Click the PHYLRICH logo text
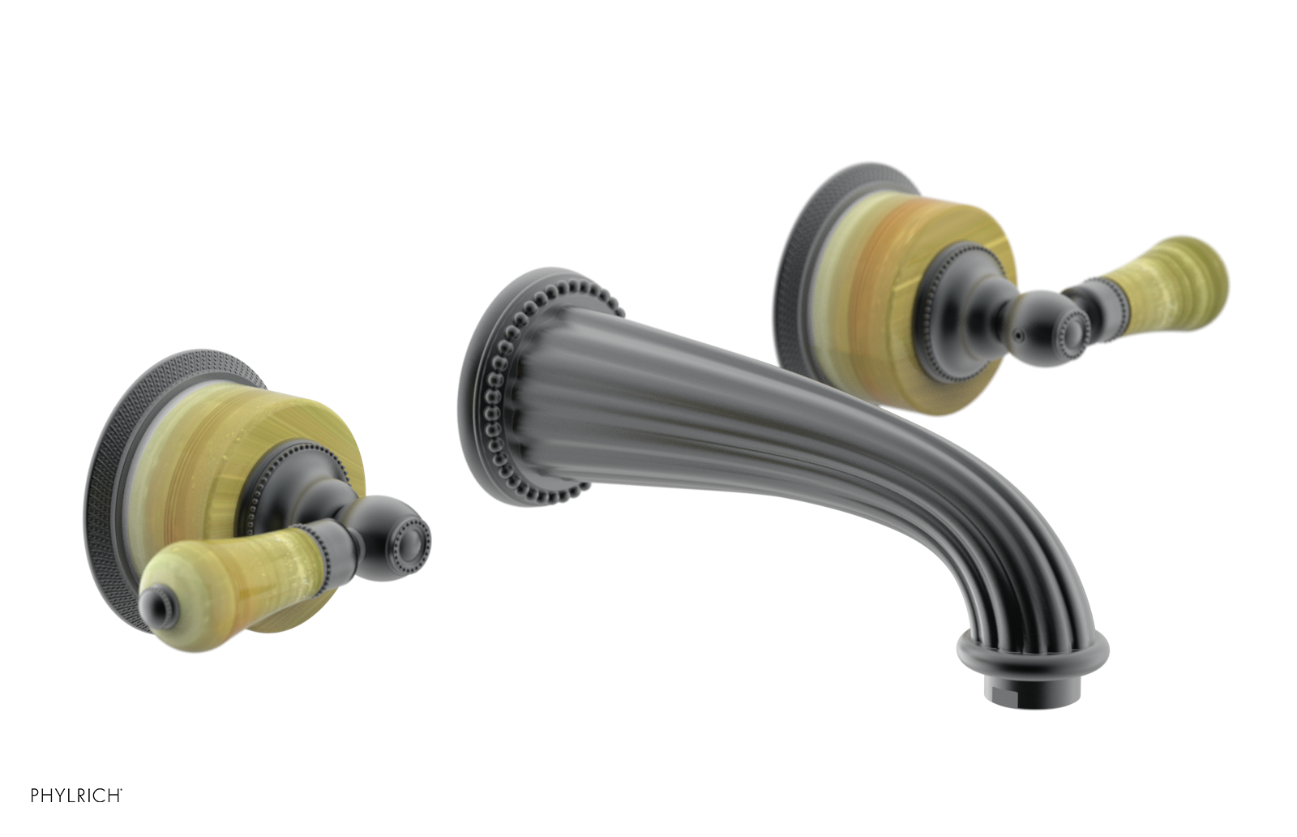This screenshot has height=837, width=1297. click(76, 795)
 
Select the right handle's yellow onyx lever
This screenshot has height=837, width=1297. click(1167, 276)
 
